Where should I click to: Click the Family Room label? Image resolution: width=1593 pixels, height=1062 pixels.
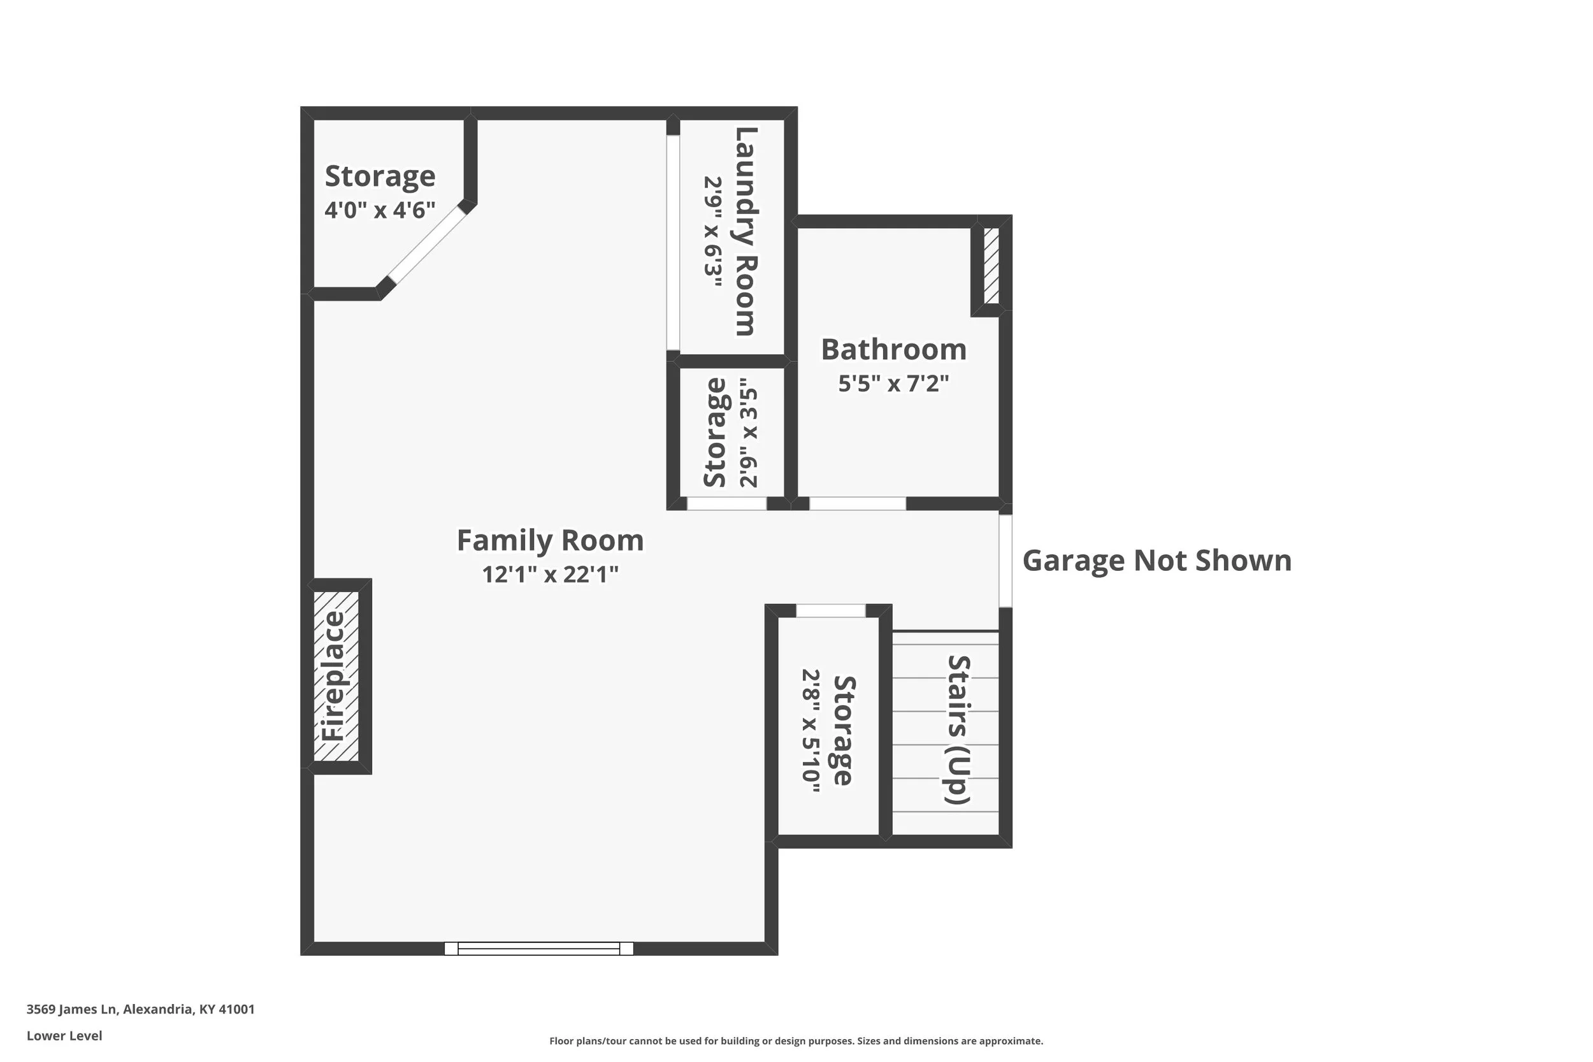point(550,540)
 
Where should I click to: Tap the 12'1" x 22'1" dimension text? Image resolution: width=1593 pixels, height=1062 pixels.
point(550,575)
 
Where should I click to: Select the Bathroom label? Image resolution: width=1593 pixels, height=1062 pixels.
point(893,350)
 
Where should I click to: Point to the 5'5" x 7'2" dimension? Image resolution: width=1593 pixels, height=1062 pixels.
point(893,384)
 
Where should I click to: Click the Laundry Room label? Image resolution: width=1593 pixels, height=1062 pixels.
point(746,231)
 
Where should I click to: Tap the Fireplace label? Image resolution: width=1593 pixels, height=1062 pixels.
point(333,676)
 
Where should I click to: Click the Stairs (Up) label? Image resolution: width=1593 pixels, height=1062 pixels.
point(958,729)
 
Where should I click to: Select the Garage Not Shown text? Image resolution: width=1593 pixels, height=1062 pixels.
point(1157,561)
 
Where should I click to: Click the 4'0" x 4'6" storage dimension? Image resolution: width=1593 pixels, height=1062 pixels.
point(379,210)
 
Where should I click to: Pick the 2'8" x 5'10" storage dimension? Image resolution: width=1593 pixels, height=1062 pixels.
point(811,731)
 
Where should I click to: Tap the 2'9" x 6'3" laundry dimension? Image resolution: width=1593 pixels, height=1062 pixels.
point(712,233)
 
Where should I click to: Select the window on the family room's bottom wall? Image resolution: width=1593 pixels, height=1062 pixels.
point(538,948)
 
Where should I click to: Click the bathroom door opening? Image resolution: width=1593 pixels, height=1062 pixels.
point(858,503)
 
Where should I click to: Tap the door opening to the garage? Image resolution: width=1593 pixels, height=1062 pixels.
point(1006,561)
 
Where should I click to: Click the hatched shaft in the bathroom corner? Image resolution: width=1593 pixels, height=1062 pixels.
point(991,266)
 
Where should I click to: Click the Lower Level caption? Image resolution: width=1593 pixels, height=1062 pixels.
point(64,1036)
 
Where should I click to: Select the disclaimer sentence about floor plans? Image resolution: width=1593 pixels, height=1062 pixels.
point(796,1041)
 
